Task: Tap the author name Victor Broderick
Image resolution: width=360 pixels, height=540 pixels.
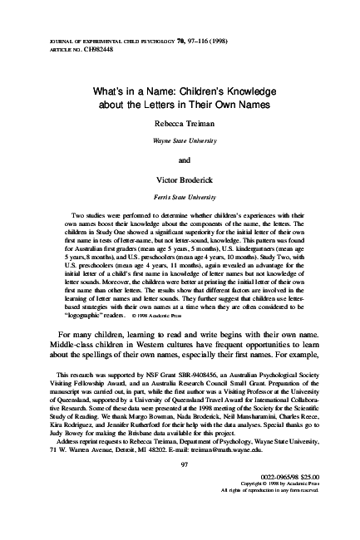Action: [180, 179]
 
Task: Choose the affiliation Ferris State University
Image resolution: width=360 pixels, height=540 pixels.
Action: [180, 199]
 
